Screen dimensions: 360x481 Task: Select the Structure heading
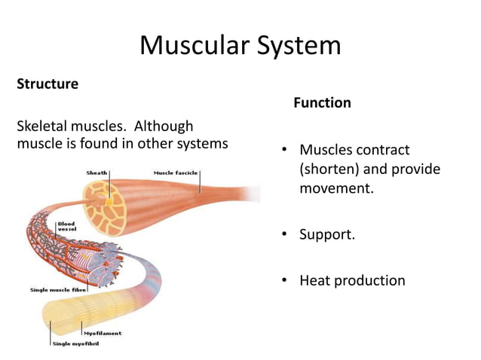tap(47, 84)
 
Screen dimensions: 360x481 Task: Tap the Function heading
tap(322, 102)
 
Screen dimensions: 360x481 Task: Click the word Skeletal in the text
tap(44, 126)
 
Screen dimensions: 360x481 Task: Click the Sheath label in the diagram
tap(97, 172)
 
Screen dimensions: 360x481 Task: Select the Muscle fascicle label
tap(176, 172)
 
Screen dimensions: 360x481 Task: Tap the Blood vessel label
tap(66, 227)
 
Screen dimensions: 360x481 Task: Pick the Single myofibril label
tap(75, 344)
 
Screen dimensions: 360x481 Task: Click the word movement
tap(334, 188)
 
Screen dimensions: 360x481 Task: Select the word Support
tap(327, 234)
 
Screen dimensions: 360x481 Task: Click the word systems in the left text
tap(201, 144)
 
